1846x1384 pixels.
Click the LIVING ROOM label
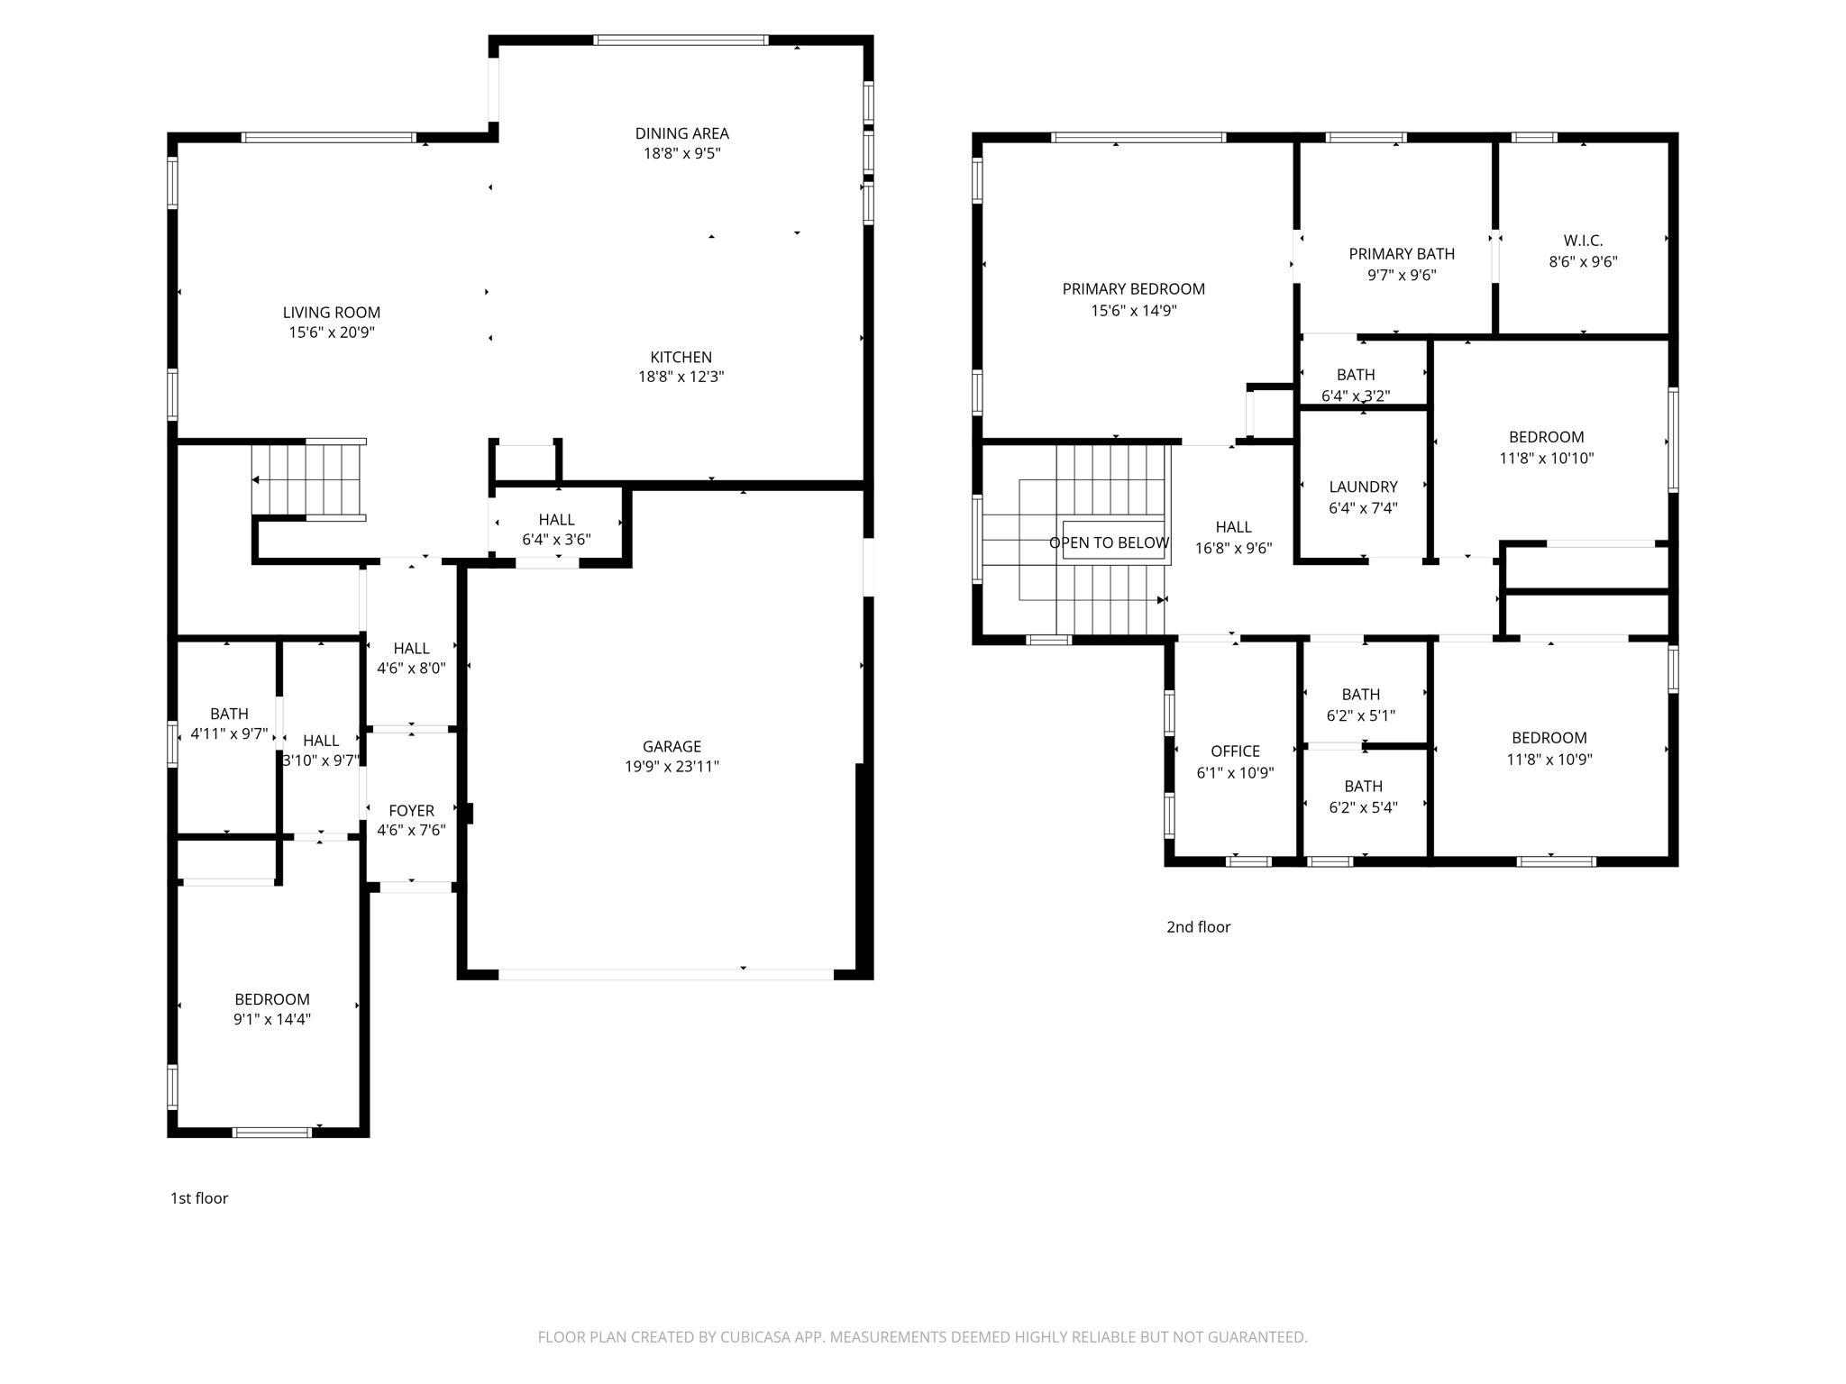(331, 313)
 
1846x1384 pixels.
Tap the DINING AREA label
(681, 133)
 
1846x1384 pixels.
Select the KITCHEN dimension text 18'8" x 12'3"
(681, 377)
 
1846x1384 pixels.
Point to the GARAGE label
(672, 746)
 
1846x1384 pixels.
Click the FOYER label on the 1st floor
(411, 810)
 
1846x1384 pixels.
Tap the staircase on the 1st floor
(306, 480)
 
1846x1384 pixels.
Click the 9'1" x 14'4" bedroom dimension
(271, 1019)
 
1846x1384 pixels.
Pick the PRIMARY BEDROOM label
(1133, 289)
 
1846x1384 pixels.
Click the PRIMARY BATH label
(1401, 254)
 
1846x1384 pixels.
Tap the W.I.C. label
(1583, 241)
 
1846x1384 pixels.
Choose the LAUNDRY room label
(1363, 487)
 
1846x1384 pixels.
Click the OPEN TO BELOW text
(1109, 542)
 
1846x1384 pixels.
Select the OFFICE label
(1235, 751)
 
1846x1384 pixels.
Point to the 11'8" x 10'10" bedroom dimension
(1546, 458)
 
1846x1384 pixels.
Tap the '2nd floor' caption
(1198, 926)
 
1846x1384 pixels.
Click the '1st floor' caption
(199, 1197)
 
